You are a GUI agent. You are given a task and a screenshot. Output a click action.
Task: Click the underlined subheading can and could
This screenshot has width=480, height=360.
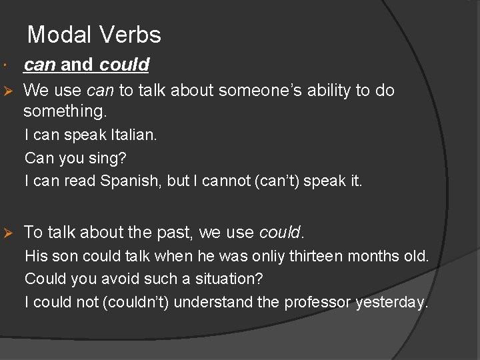click(86, 65)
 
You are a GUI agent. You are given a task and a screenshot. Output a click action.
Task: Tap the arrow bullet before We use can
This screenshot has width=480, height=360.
click(9, 90)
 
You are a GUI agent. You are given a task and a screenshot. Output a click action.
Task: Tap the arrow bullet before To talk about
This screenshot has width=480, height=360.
click(9, 233)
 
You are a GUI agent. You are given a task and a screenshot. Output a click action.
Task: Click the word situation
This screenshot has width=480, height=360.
click(229, 279)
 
